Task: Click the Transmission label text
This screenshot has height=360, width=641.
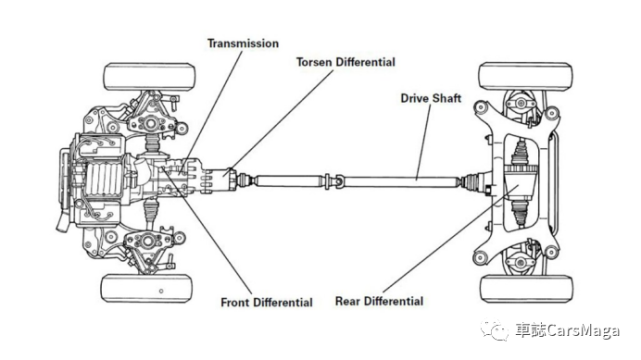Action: (243, 43)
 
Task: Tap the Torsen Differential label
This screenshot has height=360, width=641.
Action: (345, 62)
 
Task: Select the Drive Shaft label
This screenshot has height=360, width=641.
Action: (430, 98)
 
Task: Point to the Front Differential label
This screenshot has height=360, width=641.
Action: (267, 302)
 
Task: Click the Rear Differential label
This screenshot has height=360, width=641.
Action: (379, 301)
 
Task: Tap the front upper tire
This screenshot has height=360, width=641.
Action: (150, 77)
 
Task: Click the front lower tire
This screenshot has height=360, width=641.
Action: (147, 288)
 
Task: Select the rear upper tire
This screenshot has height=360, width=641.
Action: (525, 76)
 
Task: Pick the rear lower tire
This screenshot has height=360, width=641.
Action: (526, 289)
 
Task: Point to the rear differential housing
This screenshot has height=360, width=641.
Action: (520, 184)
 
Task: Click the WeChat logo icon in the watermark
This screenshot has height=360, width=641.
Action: (495, 330)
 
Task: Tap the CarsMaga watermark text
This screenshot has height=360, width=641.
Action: (567, 331)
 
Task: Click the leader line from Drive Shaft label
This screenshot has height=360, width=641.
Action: (423, 142)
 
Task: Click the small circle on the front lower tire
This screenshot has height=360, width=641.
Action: (161, 291)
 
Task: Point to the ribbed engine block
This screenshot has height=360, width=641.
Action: (103, 179)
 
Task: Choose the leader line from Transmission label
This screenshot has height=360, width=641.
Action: (211, 111)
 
